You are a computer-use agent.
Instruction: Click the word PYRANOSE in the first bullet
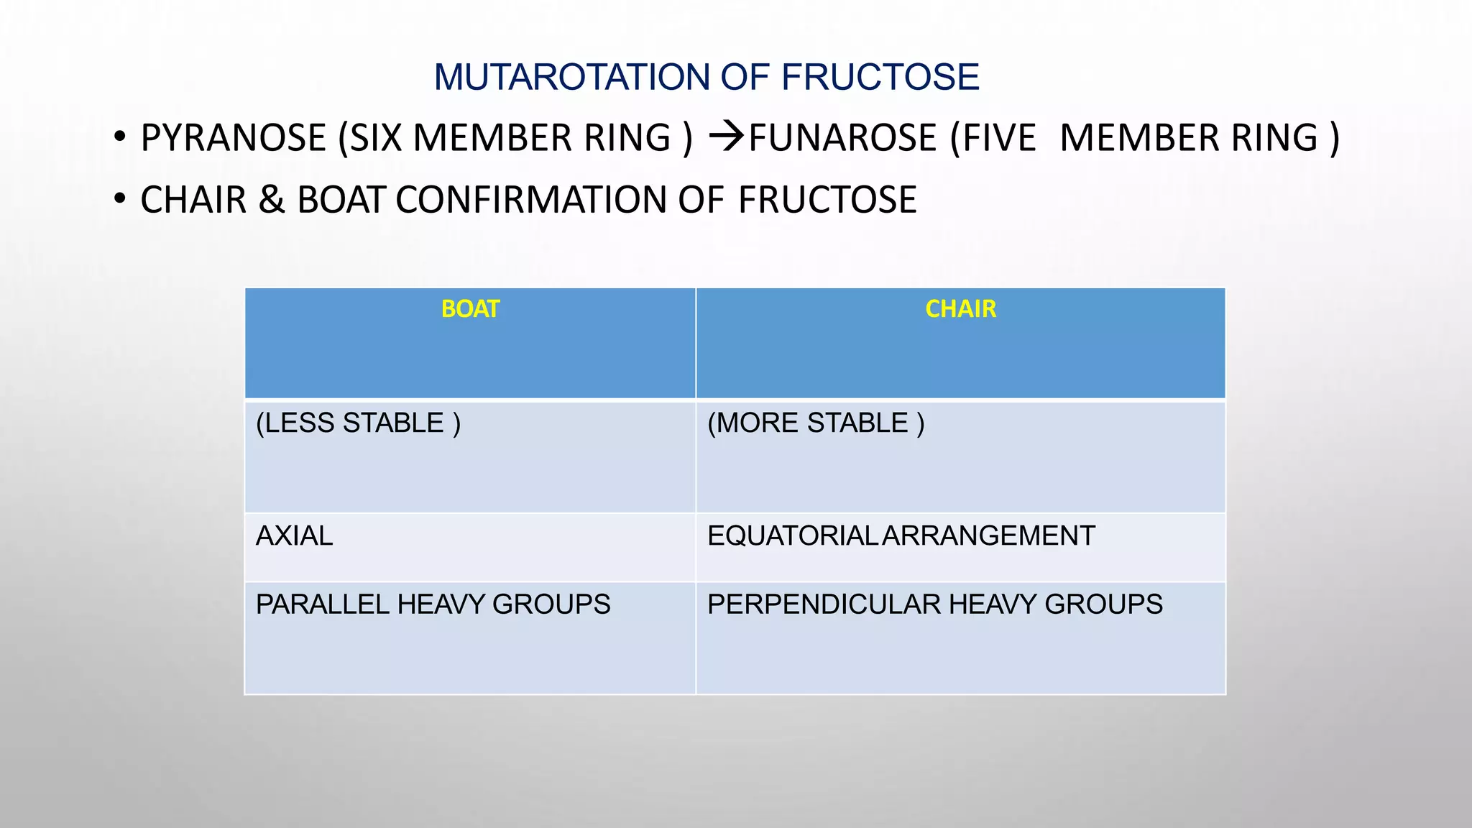(234, 138)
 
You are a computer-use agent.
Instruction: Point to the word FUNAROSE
(842, 138)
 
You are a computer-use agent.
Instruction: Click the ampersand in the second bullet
(271, 200)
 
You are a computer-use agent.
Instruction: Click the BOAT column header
(470, 309)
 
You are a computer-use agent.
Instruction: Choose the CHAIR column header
(960, 309)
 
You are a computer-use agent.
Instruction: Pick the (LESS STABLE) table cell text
(358, 423)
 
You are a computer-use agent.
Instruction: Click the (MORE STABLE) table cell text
(816, 423)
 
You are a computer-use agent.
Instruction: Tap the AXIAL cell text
(295, 536)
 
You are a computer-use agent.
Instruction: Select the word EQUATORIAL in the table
(791, 536)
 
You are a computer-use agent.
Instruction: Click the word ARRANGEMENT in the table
(988, 536)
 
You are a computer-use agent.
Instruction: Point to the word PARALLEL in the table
(323, 604)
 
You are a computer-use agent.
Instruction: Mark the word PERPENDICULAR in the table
(824, 604)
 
